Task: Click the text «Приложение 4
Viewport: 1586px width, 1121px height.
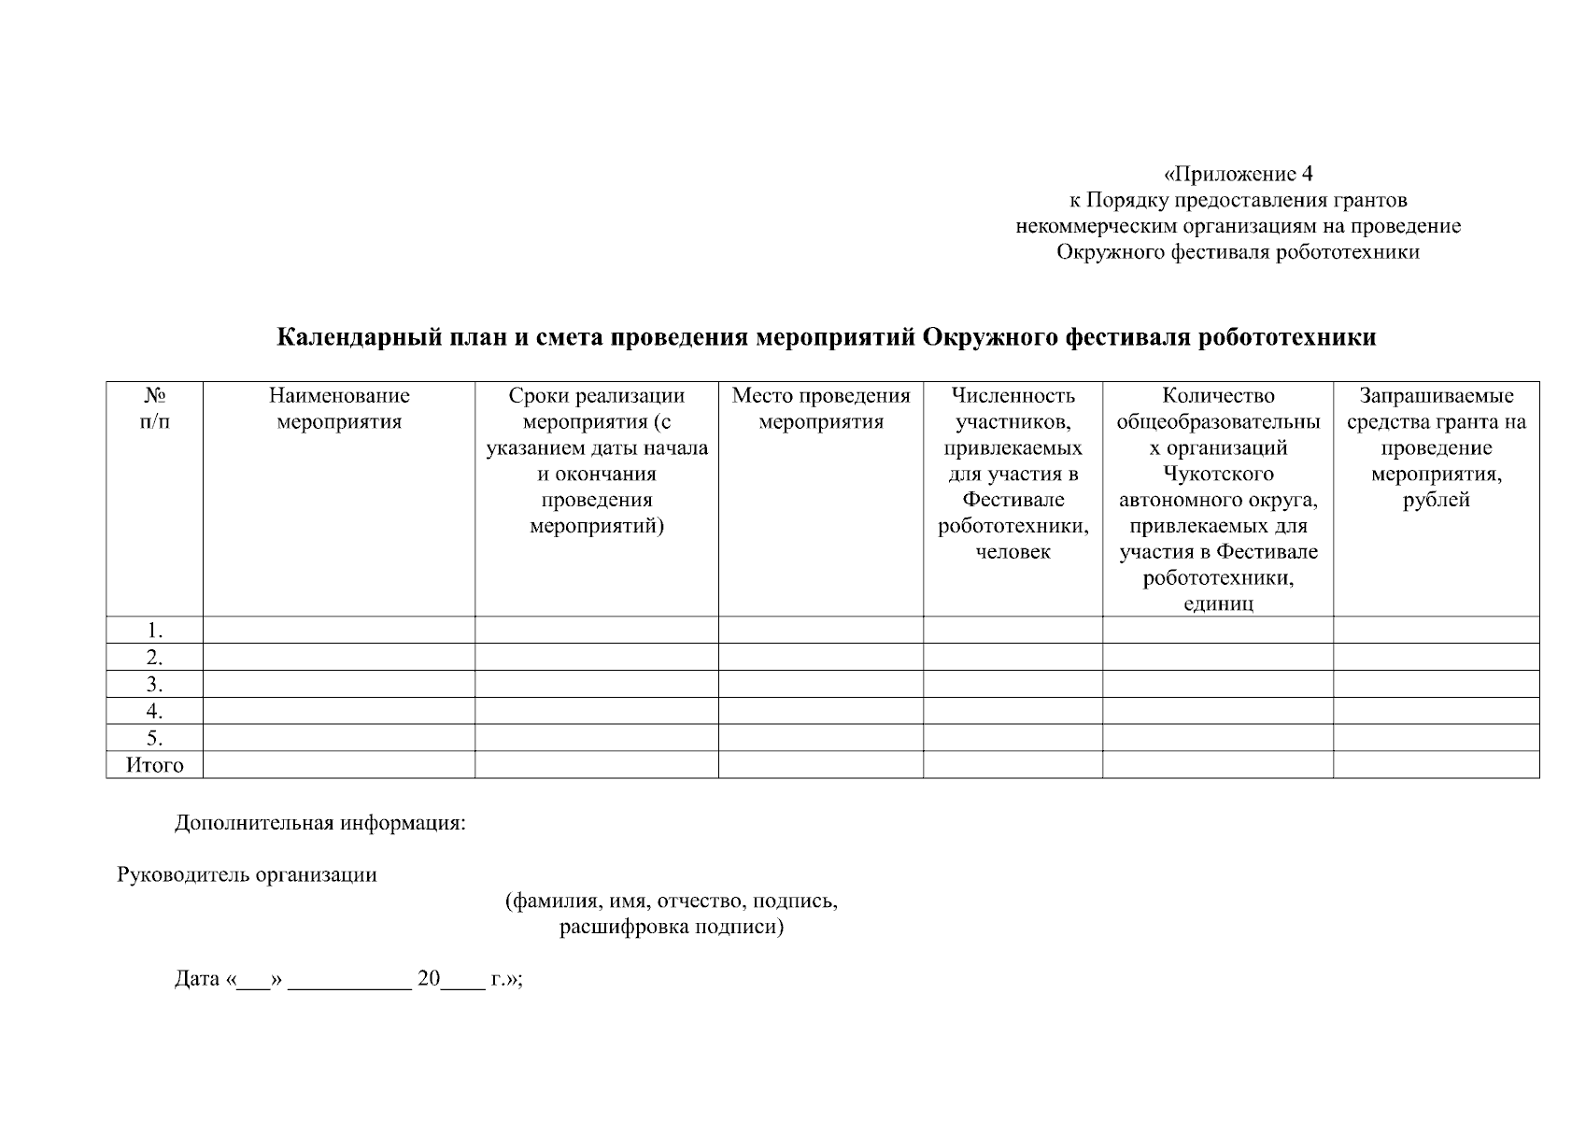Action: [x=1239, y=174]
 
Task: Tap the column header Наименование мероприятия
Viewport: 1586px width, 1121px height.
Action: [x=339, y=408]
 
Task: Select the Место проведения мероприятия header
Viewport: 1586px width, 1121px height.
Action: [x=820, y=408]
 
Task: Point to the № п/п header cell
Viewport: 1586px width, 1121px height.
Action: [x=155, y=408]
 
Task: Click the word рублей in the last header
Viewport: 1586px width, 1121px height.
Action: [x=1436, y=500]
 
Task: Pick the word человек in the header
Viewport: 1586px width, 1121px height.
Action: [x=1012, y=552]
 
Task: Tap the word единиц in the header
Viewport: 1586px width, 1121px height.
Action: [x=1218, y=603]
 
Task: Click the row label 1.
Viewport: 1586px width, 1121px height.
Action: [x=155, y=631]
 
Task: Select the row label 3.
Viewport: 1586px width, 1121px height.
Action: [x=155, y=685]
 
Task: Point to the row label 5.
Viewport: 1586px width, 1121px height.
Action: [x=155, y=738]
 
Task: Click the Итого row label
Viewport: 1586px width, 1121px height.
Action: [x=155, y=765]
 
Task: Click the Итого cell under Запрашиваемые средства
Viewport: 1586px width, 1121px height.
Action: [x=1436, y=765]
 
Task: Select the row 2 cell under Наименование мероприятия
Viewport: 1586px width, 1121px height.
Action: [x=339, y=657]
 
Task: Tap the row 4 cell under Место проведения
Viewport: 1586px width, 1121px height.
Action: [x=820, y=711]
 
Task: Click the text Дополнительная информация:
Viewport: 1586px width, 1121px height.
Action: [x=319, y=824]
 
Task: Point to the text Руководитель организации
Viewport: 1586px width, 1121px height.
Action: [x=247, y=875]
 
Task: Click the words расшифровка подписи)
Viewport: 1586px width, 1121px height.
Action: [x=671, y=928]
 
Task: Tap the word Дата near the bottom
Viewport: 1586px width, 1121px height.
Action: [x=196, y=980]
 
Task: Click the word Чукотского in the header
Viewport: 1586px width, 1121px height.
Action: [x=1218, y=474]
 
